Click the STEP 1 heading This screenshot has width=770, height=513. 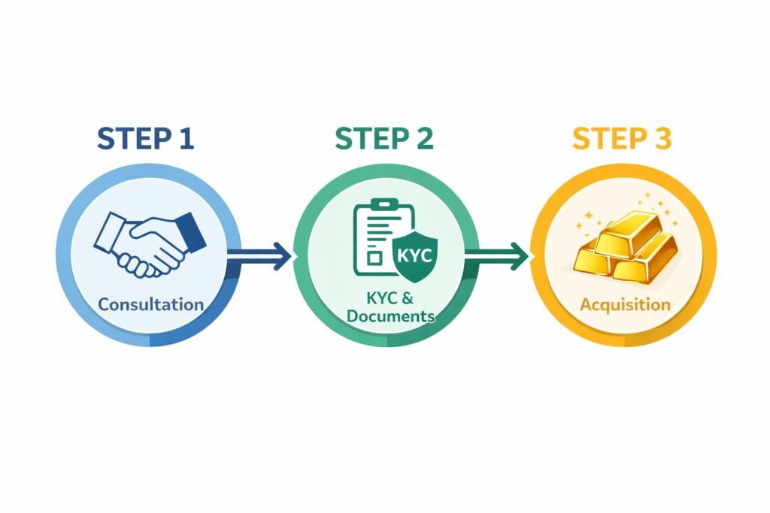[x=146, y=140]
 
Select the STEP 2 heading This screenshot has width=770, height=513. [x=384, y=140]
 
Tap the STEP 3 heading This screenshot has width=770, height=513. [x=622, y=140]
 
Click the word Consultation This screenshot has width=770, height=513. [x=151, y=304]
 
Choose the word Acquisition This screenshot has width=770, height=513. [x=625, y=304]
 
